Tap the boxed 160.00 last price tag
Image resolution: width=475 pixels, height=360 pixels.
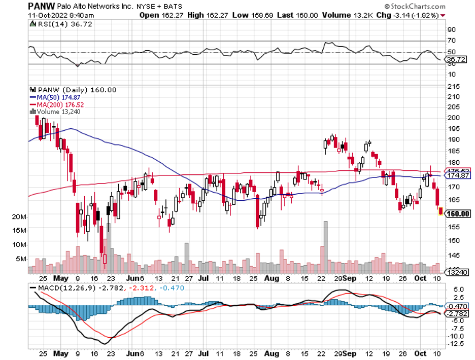pos(457,214)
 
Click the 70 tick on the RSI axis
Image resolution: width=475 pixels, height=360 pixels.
pos(451,40)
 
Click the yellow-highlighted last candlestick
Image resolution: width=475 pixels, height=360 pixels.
pos(440,211)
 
